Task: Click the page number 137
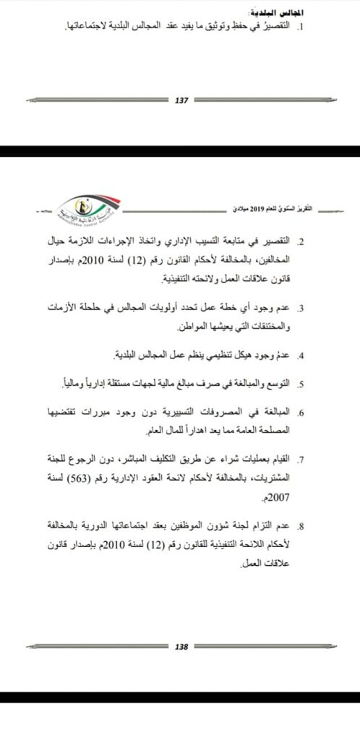click(x=182, y=101)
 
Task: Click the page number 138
click(x=182, y=647)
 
